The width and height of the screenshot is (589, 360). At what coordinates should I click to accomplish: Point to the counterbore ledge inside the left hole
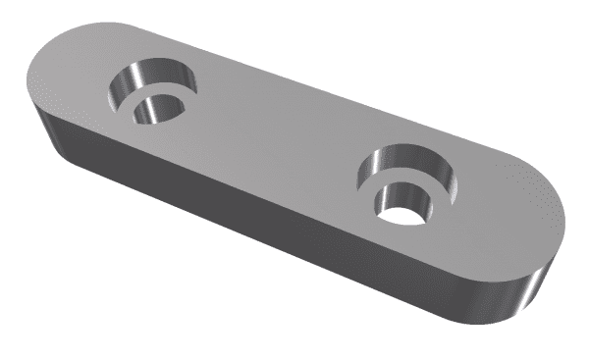click(173, 97)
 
